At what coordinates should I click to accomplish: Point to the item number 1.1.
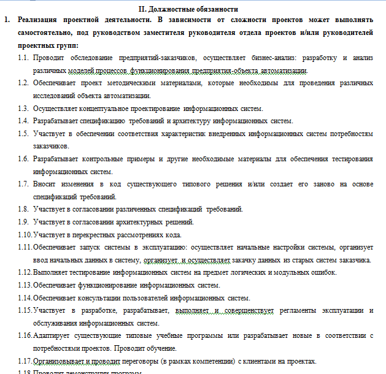click(23, 58)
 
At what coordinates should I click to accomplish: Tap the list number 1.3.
click(23, 108)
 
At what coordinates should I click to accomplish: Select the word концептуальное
click(96, 108)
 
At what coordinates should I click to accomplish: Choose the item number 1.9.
click(23, 222)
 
